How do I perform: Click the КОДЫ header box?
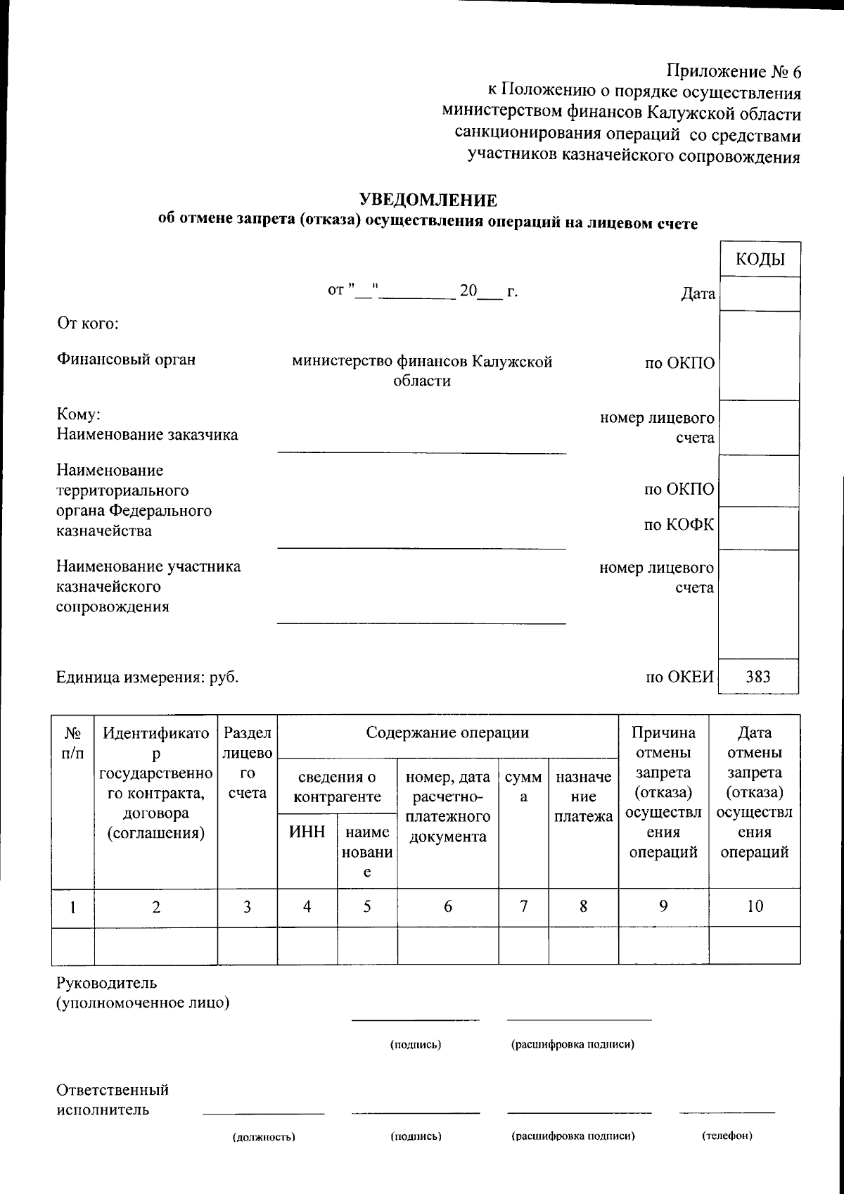click(760, 260)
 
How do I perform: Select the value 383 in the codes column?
click(758, 677)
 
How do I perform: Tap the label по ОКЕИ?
click(679, 677)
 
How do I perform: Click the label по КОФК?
click(679, 525)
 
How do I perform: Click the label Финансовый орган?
click(126, 360)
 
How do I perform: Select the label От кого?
click(87, 324)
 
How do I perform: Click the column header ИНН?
click(307, 832)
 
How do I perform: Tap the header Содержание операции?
click(447, 732)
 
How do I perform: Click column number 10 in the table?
click(755, 906)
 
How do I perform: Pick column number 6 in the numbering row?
click(448, 906)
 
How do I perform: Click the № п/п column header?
click(72, 743)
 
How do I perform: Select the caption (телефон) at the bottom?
click(727, 1136)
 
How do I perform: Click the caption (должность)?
click(264, 1136)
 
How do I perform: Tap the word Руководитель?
click(107, 983)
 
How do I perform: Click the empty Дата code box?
click(760, 294)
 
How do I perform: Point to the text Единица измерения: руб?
click(148, 678)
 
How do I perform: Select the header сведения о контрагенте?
click(337, 787)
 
